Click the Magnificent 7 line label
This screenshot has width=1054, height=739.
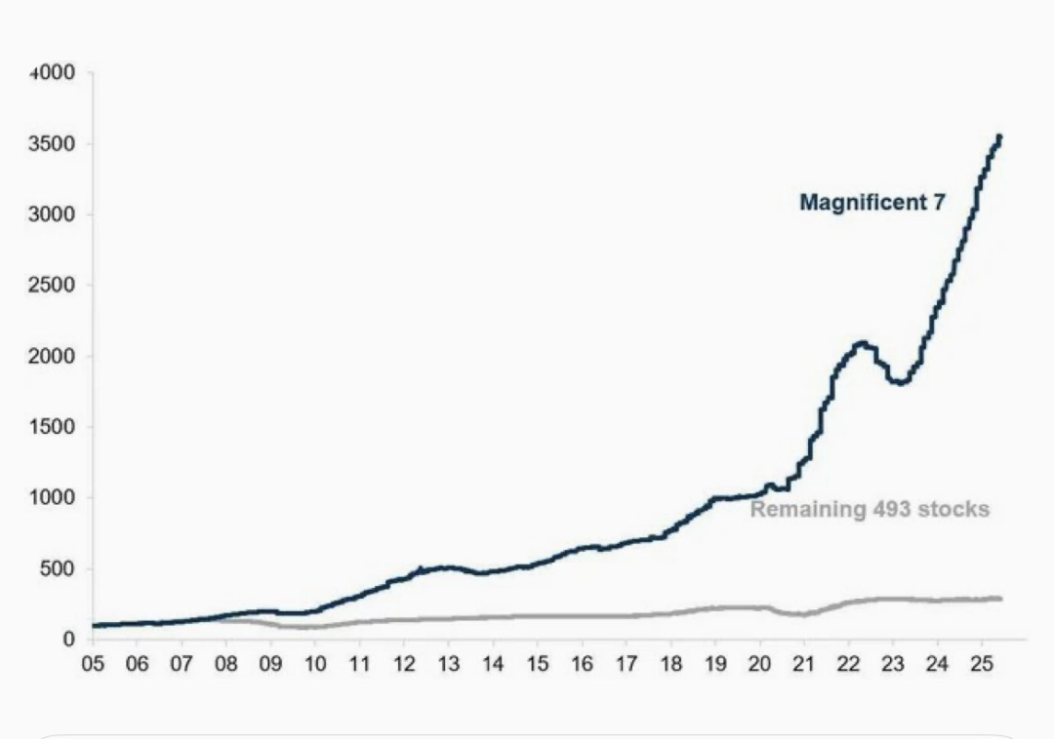pos(872,203)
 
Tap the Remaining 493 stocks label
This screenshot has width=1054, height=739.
pos(870,509)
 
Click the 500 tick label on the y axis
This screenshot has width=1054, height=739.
pos(61,569)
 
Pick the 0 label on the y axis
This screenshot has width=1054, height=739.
pos(69,640)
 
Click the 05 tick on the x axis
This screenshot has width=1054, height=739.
pos(93,664)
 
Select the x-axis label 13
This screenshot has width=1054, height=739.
pos(448,664)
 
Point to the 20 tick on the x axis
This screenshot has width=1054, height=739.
pos(759,664)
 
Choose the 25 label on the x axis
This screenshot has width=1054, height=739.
pos(982,664)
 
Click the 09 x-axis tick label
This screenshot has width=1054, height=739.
pos(270,664)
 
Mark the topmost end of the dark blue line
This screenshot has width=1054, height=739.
pos(999,137)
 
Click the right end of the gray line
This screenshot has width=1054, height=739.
pos(1000,599)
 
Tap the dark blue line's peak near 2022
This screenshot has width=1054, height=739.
pos(861,343)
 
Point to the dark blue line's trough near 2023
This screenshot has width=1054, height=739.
pos(901,382)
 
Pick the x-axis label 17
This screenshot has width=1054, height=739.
pos(626,664)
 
